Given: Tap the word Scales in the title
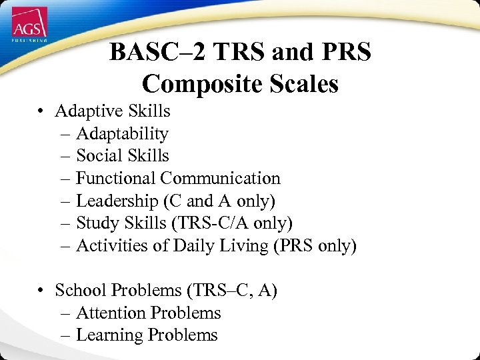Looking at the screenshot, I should (301, 84).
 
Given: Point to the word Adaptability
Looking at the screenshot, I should (122, 133).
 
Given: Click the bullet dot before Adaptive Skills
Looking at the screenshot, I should (41, 111).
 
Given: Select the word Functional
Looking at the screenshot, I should (116, 178).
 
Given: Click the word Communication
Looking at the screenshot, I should (221, 178).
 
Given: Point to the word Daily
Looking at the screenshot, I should (191, 246).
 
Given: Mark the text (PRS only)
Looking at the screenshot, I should (315, 246).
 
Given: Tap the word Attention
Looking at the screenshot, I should (111, 313).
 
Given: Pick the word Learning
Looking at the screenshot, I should (109, 335).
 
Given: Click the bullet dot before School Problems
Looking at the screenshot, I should (41, 291).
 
